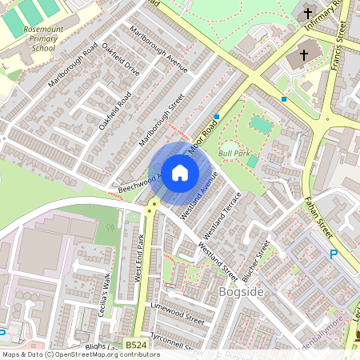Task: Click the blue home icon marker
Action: coord(180,173)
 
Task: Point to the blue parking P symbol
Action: coord(334,254)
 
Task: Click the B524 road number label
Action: coord(135,346)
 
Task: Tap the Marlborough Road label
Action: coord(73,65)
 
